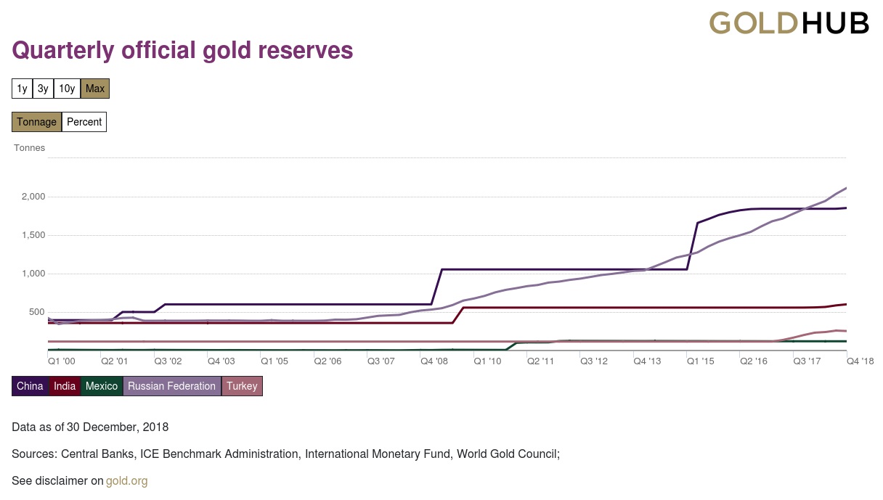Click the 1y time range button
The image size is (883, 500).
pyautogui.click(x=23, y=89)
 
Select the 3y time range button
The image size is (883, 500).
pyautogui.click(x=44, y=89)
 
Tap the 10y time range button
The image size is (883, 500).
pyautogui.click(x=67, y=89)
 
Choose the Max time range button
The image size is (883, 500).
pyautogui.click(x=95, y=89)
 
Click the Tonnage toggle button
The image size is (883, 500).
pyautogui.click(x=36, y=122)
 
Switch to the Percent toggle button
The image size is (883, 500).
pyautogui.click(x=84, y=122)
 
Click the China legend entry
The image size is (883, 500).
pyautogui.click(x=30, y=386)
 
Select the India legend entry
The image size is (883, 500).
pyautogui.click(x=65, y=386)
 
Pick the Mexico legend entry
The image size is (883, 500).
pyautogui.click(x=102, y=386)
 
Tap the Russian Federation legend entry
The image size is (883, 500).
pyautogui.click(x=172, y=386)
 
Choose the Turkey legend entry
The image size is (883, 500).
pyautogui.click(x=242, y=386)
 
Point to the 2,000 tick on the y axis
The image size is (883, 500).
pyautogui.click(x=33, y=197)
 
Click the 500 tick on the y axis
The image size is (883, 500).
pyautogui.click(x=37, y=312)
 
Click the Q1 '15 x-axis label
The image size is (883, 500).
pyautogui.click(x=701, y=361)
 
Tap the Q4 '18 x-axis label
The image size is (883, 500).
pyautogui.click(x=860, y=361)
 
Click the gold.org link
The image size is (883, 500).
pyautogui.click(x=127, y=480)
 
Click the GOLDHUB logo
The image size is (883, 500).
pyautogui.click(x=789, y=23)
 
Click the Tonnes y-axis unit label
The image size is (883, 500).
pyautogui.click(x=30, y=148)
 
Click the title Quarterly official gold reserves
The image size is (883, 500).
pyautogui.click(x=182, y=50)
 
